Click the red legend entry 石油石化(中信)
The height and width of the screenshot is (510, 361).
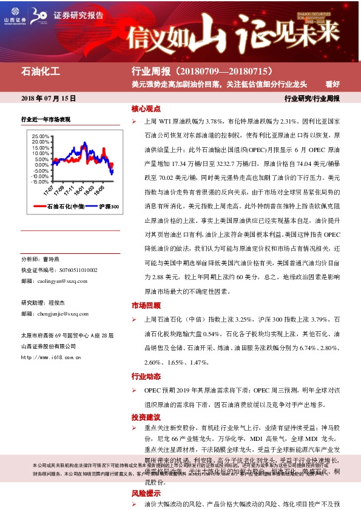point(60,207)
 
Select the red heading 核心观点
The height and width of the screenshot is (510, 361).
point(146,109)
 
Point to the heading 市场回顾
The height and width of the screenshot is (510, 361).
point(146,305)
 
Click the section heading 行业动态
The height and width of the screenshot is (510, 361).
point(146,376)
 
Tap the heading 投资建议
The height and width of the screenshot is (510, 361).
point(146,417)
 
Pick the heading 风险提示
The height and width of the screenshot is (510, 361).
point(146,494)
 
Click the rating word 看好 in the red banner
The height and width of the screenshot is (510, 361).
point(332,84)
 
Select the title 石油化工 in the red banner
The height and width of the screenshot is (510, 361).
point(41,72)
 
